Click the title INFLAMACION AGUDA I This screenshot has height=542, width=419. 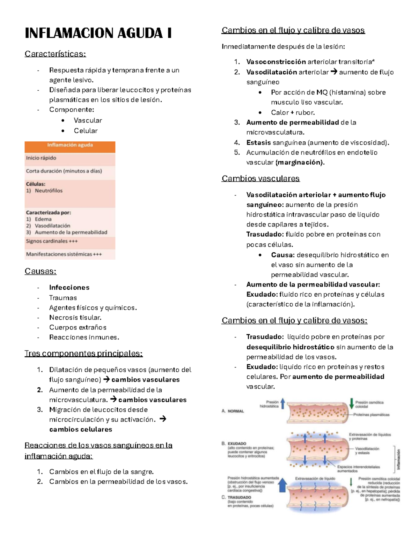point(98,33)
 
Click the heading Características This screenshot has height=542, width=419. point(55,54)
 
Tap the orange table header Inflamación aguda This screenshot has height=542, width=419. point(70,145)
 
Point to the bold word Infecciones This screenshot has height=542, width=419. point(69,288)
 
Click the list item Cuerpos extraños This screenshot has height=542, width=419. point(78,327)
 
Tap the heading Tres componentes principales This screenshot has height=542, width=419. point(83,354)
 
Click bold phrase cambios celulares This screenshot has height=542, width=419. point(81,430)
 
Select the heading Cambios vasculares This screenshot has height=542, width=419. point(260,179)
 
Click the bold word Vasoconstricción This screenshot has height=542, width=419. point(276,62)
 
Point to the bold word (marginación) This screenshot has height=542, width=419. point(300,163)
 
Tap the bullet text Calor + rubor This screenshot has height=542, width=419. point(293,113)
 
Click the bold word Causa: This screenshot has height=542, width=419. point(283,255)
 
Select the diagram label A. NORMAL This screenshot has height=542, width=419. point(233,411)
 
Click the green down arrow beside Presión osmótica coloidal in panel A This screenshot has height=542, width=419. point(351,404)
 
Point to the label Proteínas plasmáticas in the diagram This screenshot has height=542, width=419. point(371,415)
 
